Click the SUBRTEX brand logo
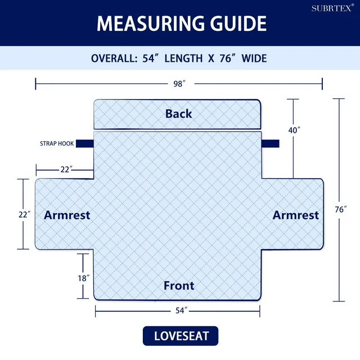[x=332, y=8]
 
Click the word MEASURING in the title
[x=150, y=24]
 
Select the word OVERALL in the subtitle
[x=114, y=58]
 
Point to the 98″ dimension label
[x=179, y=84]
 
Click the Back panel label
[x=179, y=114]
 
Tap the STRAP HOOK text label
[x=57, y=143]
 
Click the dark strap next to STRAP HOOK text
[x=85, y=143]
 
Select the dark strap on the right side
[x=271, y=143]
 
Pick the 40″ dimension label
[x=294, y=130]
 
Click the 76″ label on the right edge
[x=341, y=209]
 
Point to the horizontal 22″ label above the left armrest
[x=66, y=169]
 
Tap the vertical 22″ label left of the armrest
[x=24, y=215]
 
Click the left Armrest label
[x=67, y=215]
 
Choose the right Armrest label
[x=296, y=215]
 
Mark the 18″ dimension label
[x=84, y=278]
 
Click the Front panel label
[x=179, y=286]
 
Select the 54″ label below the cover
[x=182, y=310]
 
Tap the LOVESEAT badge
[x=181, y=336]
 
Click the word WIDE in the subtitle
[x=254, y=58]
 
